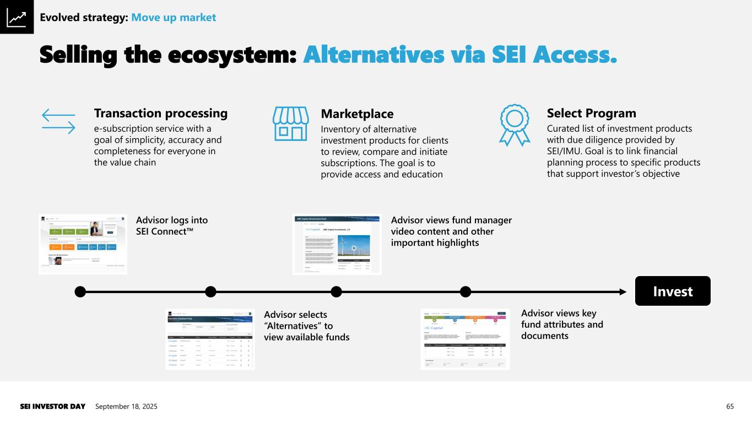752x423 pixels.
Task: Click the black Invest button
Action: coord(672,291)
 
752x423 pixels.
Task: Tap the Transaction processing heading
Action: coord(160,113)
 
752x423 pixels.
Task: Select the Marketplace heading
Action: coord(357,114)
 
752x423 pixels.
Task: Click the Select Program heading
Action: coord(591,113)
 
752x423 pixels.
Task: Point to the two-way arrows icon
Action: coord(58,121)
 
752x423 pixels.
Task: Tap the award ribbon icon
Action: coord(515,124)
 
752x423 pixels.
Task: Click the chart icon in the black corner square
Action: coord(17,17)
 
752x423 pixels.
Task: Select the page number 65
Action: coord(730,406)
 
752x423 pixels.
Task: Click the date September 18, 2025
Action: coord(126,406)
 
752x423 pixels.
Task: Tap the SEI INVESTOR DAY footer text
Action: coord(53,406)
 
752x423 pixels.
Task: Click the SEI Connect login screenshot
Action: coord(83,243)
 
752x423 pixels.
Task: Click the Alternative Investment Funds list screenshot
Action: coord(210,338)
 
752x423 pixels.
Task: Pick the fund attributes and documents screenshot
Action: coord(465,339)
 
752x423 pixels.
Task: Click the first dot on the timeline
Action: coord(80,291)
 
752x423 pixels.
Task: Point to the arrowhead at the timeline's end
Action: coord(623,291)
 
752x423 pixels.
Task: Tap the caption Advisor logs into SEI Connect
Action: coord(172,225)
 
